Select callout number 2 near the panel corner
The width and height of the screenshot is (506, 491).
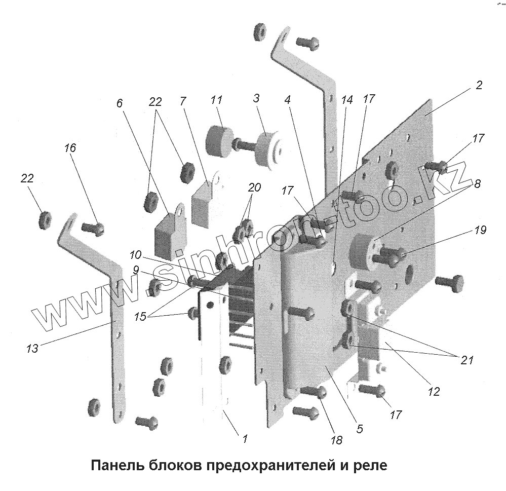pyautogui.click(x=479, y=85)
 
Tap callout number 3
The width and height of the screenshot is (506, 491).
pyautogui.click(x=256, y=98)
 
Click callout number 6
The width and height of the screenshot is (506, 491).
pyautogui.click(x=120, y=103)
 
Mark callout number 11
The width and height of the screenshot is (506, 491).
pyautogui.click(x=216, y=100)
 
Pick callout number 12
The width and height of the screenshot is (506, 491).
pyautogui.click(x=434, y=391)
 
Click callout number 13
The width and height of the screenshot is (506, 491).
pyautogui.click(x=32, y=348)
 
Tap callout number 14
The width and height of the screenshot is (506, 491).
pyautogui.click(x=346, y=100)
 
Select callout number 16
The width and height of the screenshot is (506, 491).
pyautogui.click(x=70, y=148)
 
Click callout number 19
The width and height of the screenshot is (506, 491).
pyautogui.click(x=481, y=231)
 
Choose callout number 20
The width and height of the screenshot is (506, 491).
pyautogui.click(x=254, y=187)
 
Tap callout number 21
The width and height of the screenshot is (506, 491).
pyautogui.click(x=466, y=360)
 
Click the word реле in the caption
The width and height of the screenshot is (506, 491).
pyautogui.click(x=372, y=465)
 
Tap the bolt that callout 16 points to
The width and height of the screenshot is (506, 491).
pyautogui.click(x=93, y=229)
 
